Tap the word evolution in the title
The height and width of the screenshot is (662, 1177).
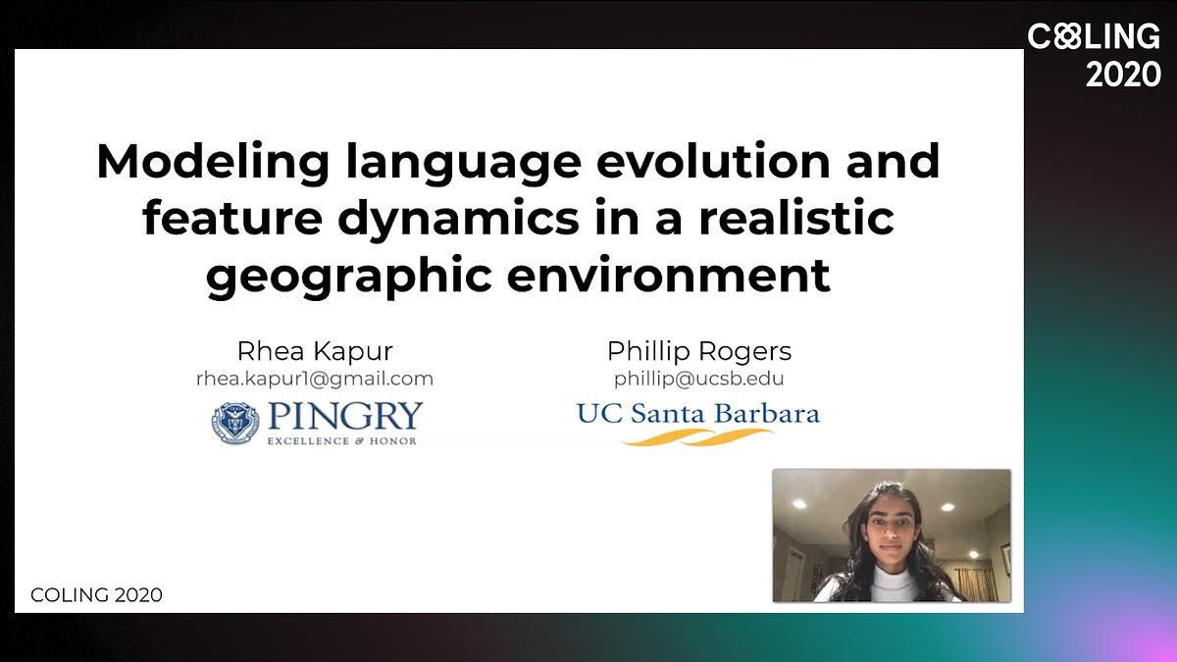click(714, 161)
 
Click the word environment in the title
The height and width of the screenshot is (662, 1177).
click(668, 276)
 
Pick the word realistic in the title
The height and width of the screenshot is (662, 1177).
click(795, 217)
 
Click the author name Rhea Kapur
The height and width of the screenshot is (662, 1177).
click(315, 351)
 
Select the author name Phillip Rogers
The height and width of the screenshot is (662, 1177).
click(698, 351)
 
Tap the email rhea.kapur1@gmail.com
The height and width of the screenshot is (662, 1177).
click(315, 380)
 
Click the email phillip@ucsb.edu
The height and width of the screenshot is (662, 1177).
click(698, 379)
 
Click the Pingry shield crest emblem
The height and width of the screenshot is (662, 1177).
click(234, 423)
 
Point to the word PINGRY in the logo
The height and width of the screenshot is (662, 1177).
click(345, 417)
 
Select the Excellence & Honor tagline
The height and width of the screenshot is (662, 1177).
click(342, 440)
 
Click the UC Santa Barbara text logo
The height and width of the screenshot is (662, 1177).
click(697, 414)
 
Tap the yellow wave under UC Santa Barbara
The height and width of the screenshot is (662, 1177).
click(697, 437)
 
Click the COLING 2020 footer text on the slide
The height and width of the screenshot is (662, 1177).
click(97, 595)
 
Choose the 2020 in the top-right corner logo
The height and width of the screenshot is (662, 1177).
click(1123, 75)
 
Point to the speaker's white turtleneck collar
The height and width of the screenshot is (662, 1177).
click(893, 579)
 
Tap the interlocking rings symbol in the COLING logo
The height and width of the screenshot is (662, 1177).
click(1067, 36)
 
